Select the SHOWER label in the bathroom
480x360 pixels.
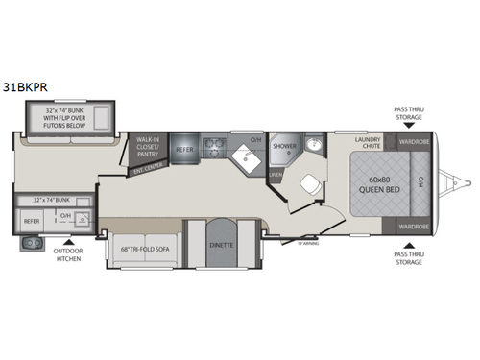pyautogui.click(x=284, y=147)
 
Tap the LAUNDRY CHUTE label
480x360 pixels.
pyautogui.click(x=368, y=142)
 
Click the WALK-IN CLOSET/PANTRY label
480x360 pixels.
pyautogui.click(x=147, y=146)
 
